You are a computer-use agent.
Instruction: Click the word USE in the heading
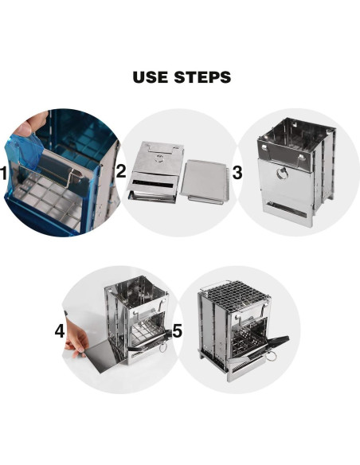click(x=150, y=77)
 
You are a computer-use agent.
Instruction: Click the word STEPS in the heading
click(x=202, y=77)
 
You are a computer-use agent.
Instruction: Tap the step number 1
click(x=3, y=174)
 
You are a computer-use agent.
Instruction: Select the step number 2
click(x=121, y=171)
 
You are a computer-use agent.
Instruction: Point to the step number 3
click(x=237, y=173)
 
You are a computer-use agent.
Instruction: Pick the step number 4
click(x=60, y=330)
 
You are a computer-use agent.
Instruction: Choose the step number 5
click(x=177, y=330)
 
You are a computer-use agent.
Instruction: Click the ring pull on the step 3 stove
click(x=281, y=174)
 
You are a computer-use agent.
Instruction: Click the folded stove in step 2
click(x=155, y=172)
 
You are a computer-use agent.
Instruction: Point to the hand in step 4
click(x=76, y=337)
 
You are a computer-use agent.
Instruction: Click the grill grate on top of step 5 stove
click(x=234, y=295)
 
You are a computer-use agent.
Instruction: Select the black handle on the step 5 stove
click(x=277, y=342)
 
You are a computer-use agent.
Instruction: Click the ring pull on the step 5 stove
click(x=271, y=355)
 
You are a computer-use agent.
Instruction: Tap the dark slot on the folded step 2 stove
click(x=152, y=184)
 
